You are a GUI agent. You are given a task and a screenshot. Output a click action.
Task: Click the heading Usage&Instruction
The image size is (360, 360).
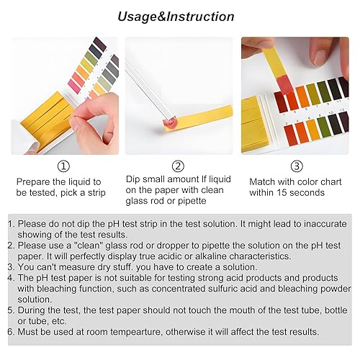176,17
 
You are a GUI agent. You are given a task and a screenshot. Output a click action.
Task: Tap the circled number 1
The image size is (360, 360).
64,166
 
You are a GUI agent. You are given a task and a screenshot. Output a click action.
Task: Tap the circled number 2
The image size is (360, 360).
178,166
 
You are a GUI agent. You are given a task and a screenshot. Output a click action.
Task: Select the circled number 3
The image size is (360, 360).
297,166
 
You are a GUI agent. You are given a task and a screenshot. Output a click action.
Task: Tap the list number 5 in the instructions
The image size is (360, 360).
12,309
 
